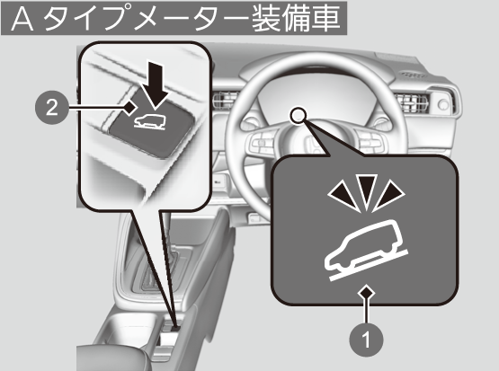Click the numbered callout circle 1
pos(366,340)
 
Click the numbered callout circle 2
pos(51,108)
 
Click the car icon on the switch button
pos(150,122)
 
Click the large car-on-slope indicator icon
pos(366,251)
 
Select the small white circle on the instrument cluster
pos(299,115)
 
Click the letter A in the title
pos(22,20)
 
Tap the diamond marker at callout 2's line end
pos(129,108)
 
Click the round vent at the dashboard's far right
pos(443,104)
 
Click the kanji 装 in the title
pos(266,20)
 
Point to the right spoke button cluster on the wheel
pos(370,141)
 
